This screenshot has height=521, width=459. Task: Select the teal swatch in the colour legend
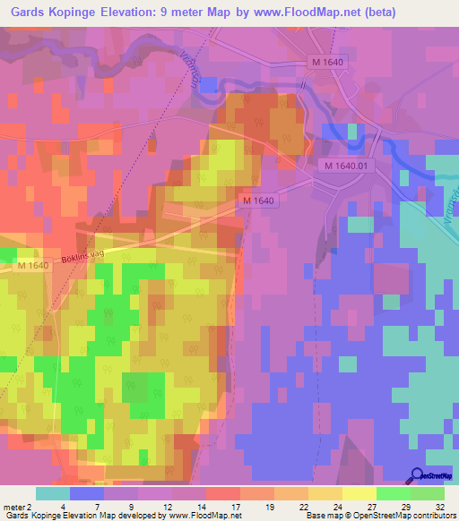coord(53,493)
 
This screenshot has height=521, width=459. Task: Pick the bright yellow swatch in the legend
coord(359,493)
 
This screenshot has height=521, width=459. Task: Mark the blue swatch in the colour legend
coord(87,493)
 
